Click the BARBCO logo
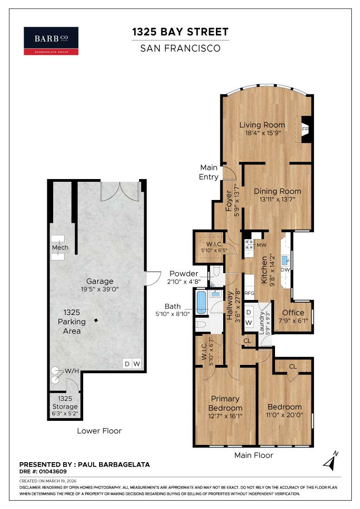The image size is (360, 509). (x=51, y=41)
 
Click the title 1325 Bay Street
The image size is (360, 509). (x=180, y=32)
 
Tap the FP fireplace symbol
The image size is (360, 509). (x=305, y=129)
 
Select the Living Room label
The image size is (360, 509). (x=262, y=125)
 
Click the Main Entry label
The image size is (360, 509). (x=209, y=172)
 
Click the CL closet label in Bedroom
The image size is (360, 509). (x=293, y=366)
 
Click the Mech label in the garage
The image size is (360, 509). (x=60, y=248)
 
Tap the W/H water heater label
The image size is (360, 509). (x=72, y=371)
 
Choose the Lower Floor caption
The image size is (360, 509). (x=99, y=431)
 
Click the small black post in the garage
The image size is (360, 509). (x=96, y=321)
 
